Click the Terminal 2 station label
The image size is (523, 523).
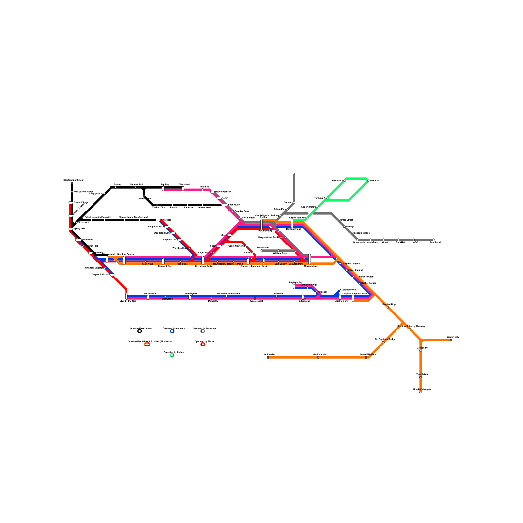point(375,181)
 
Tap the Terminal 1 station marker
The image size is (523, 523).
point(327,198)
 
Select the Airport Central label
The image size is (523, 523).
point(309,207)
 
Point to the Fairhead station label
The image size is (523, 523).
point(435,242)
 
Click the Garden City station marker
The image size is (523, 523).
point(451,340)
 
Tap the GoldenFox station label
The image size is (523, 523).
point(270,354)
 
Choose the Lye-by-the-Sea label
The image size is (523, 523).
point(128,301)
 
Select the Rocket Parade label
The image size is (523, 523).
point(368,283)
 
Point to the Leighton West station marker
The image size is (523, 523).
point(340,290)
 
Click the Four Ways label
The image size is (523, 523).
point(147,264)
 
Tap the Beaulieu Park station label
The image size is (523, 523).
point(296,264)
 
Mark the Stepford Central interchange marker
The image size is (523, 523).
point(124,261)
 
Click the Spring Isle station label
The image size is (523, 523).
point(79,229)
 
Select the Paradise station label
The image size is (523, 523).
point(204,187)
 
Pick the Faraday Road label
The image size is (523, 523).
point(242,211)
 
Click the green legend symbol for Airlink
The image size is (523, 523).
point(172,355)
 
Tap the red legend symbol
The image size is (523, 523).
point(203,344)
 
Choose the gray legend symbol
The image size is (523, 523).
point(203,331)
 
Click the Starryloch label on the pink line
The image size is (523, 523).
point(167,299)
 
